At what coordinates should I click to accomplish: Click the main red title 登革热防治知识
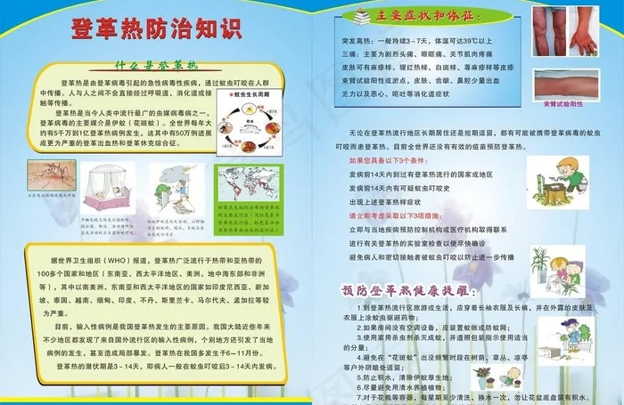point(156,27)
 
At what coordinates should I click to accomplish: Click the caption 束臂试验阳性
point(564,104)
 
